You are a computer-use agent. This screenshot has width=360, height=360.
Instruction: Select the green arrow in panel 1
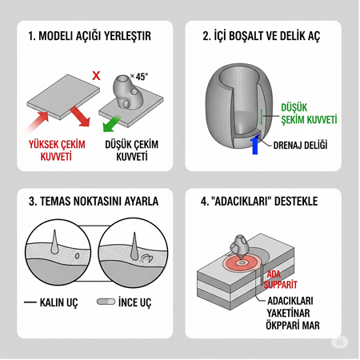pos(114,125)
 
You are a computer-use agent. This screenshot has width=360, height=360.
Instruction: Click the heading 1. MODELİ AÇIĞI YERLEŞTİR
pos(89,36)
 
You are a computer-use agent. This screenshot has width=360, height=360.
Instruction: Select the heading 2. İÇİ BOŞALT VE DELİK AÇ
pos(266,36)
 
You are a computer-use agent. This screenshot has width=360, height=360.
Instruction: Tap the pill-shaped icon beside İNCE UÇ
pos(106,303)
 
